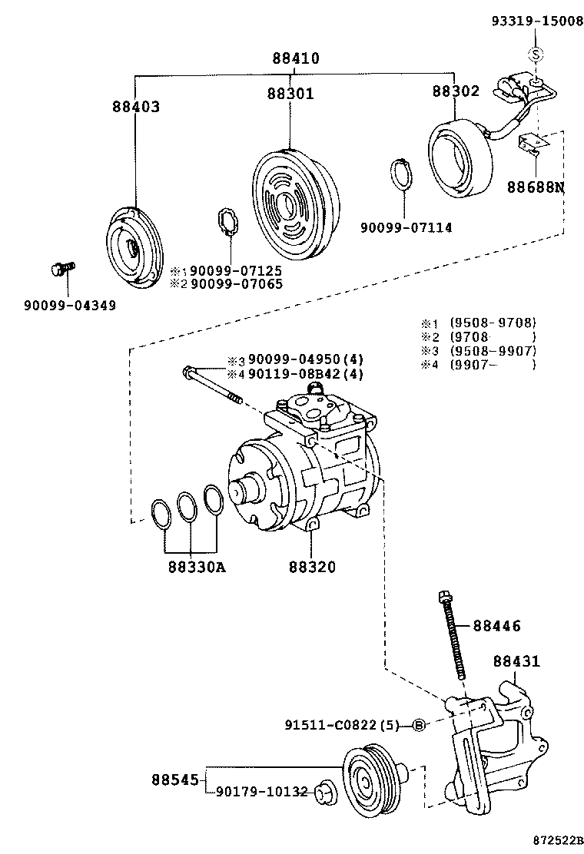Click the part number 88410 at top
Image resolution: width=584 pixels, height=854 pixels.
click(295, 58)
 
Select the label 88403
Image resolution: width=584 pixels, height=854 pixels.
click(135, 107)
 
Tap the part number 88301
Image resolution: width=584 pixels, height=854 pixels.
click(290, 94)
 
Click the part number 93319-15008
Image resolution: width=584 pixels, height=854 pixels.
click(537, 22)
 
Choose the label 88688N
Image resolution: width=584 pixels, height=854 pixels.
click(534, 187)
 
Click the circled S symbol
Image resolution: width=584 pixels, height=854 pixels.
click(536, 53)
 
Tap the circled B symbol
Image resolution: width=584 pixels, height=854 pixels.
click(419, 724)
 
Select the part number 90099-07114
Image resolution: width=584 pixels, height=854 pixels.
click(406, 227)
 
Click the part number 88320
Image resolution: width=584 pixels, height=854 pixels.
click(312, 568)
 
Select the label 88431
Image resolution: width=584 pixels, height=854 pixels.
click(516, 660)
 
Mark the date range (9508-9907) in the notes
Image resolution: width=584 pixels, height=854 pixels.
click(493, 351)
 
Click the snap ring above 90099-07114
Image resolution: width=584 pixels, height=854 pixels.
click(401, 173)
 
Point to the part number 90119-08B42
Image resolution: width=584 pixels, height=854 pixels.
click(294, 374)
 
